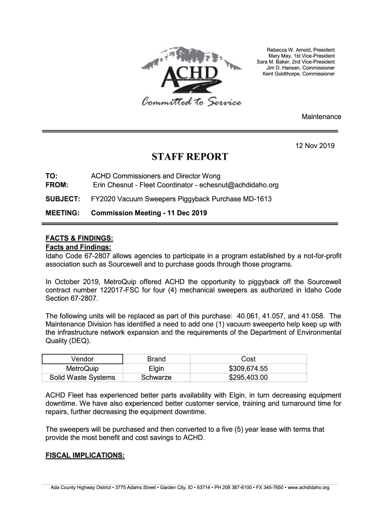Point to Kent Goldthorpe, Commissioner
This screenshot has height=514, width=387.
[x=299, y=74]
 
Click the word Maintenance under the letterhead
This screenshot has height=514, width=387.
[x=321, y=116]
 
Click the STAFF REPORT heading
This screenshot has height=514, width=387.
[x=190, y=158]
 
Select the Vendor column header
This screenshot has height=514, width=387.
[x=82, y=359]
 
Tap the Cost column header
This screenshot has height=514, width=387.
[x=248, y=359]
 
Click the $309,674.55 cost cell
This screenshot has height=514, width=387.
[x=248, y=368]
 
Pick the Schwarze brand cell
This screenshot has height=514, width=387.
[x=156, y=377]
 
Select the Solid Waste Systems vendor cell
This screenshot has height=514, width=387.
[x=82, y=377]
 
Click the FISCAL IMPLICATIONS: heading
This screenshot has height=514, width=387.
[x=85, y=455]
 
